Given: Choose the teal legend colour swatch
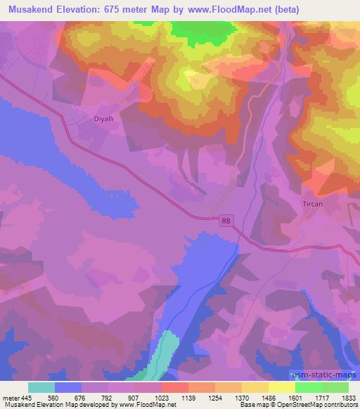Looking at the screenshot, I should click(x=41, y=387).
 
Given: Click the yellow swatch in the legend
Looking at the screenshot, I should click(x=282, y=387).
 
